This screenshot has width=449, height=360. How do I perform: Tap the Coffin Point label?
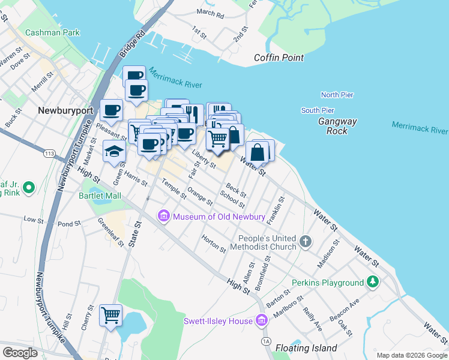pyautogui.click(x=279, y=58)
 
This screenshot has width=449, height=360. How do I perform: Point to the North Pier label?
pyautogui.click(x=337, y=95)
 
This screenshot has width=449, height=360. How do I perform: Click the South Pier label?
pyautogui.click(x=318, y=110)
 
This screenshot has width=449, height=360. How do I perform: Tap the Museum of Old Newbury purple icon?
pyautogui.click(x=163, y=216)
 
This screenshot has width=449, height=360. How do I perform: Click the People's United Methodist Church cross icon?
pyautogui.click(x=306, y=241)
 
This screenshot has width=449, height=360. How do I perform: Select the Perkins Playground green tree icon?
pyautogui.click(x=373, y=282)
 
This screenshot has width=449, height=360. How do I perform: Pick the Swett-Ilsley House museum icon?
pyautogui.click(x=261, y=321)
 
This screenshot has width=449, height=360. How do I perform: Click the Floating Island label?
pyautogui.click(x=306, y=348)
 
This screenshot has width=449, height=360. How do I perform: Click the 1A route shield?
pyautogui.click(x=266, y=341)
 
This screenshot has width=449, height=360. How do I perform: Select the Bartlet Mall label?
pyautogui.click(x=100, y=196)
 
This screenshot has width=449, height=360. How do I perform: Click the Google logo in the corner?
pyautogui.click(x=20, y=352)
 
